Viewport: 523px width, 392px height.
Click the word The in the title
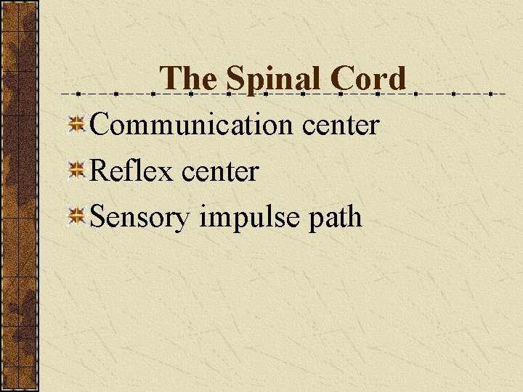click(188, 78)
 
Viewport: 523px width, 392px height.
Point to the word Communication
click(181, 125)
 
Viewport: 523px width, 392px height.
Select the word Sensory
click(139, 217)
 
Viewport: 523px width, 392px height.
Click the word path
click(335, 217)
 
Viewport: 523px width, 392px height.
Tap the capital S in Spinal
click(234, 78)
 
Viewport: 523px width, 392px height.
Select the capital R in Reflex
click(98, 171)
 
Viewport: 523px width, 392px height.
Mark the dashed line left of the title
click(109, 94)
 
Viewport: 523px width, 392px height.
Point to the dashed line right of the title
click(458, 94)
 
